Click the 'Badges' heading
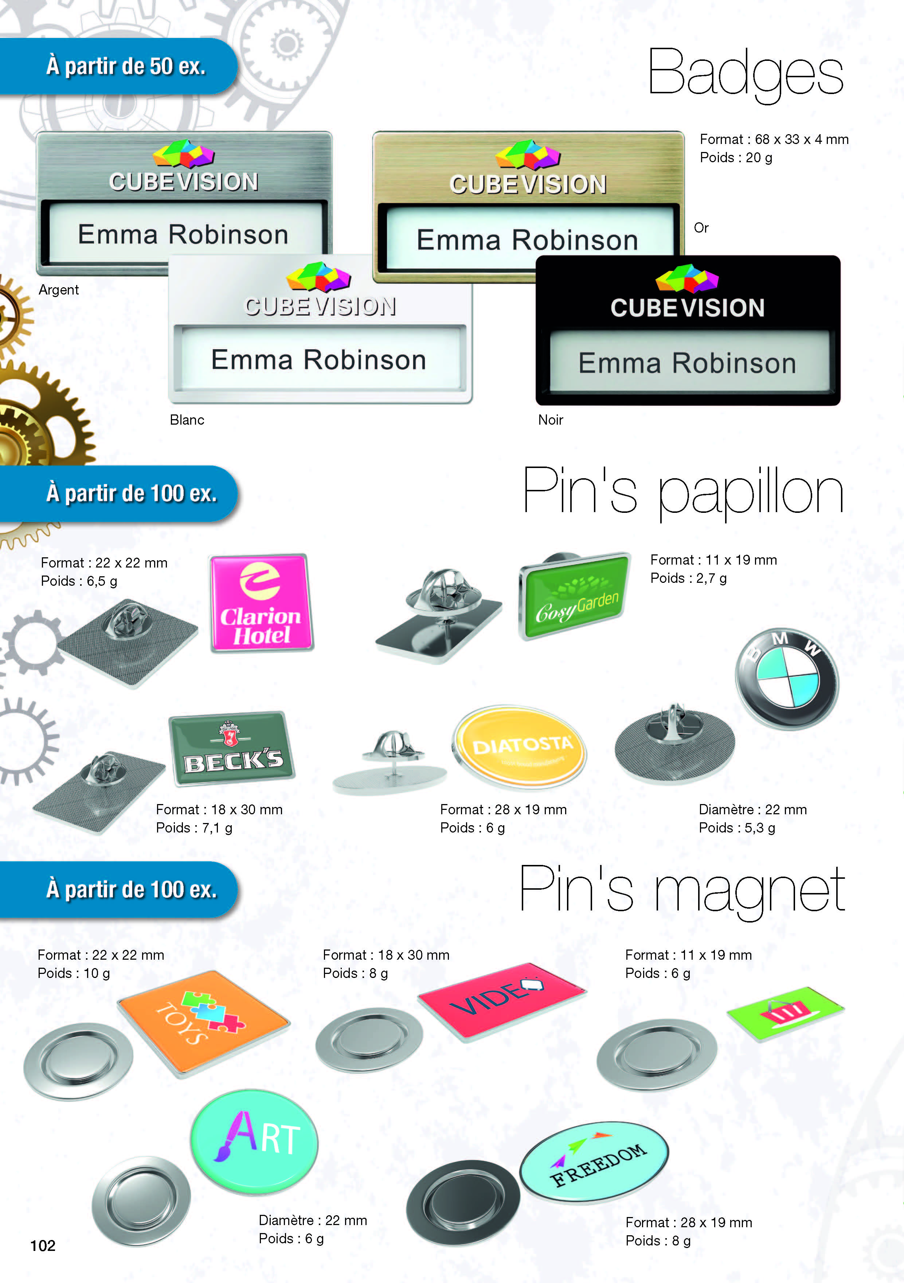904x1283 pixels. coord(745,74)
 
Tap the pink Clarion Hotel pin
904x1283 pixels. coord(262,603)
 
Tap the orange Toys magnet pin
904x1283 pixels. coord(204,1023)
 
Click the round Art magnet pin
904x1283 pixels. coord(254,1141)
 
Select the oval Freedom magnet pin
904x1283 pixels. coord(594,1162)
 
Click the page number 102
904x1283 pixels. coord(43,1245)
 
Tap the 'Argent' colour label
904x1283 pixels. coord(59,289)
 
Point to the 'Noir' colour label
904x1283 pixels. coord(550,420)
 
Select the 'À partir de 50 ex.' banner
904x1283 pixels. coord(118,66)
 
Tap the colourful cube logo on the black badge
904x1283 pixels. coord(687,278)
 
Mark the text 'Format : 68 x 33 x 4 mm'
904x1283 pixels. coord(774,139)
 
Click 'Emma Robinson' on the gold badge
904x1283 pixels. coord(528,240)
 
